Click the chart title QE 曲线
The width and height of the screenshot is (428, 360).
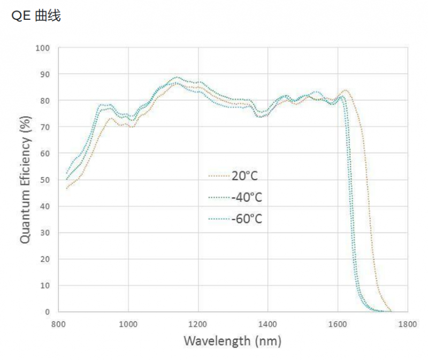tap(36, 16)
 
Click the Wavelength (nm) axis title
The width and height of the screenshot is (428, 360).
tap(232, 341)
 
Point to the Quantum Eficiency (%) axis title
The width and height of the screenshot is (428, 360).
tap(25, 180)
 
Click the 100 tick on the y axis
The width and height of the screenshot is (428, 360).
tap(42, 48)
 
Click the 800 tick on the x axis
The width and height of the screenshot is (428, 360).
tap(58, 323)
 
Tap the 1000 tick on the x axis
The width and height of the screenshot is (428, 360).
tap(128, 323)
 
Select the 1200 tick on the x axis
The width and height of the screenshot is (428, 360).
tap(198, 323)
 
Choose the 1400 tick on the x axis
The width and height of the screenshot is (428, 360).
tap(267, 323)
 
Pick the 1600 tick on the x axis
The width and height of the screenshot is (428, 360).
tap(338, 323)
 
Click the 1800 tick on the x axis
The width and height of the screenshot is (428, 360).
tap(407, 323)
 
